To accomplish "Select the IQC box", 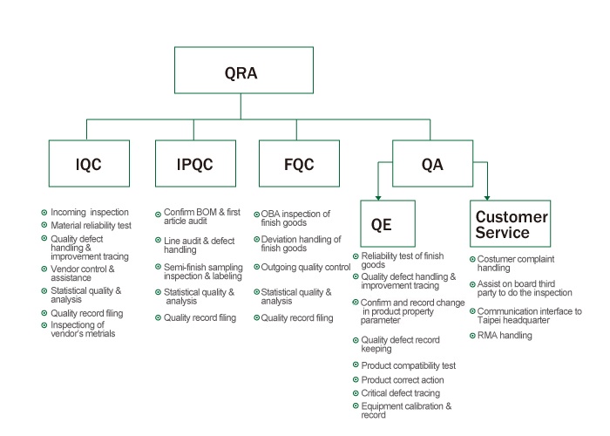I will pos(88,163).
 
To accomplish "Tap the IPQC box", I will pos(194,163).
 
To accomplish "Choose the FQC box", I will pos(299,163).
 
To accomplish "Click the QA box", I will pos(431,163).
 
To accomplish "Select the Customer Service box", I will pos(512,224).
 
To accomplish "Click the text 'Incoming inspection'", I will pos(89,212).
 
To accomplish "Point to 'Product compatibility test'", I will pos(408,366).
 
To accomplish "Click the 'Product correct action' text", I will pos(403,380).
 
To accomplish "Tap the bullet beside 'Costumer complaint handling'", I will pos(471,259).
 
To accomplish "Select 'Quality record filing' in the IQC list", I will pos(88,313).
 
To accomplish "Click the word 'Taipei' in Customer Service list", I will pos(491,321).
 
